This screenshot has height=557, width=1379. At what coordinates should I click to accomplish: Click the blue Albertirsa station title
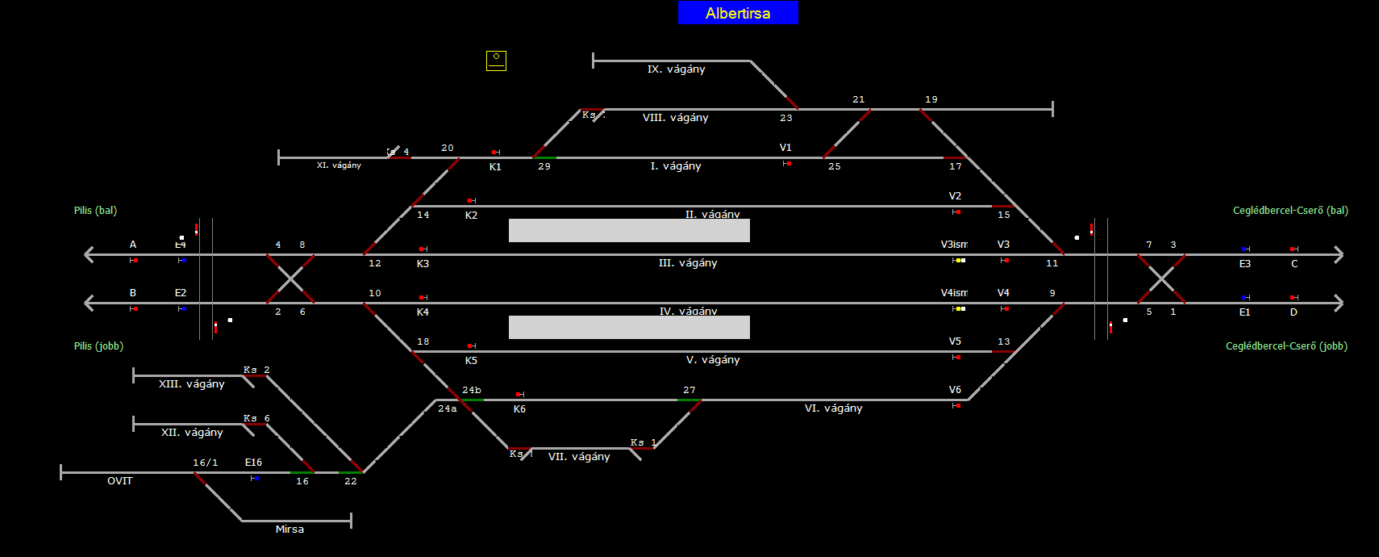(738, 13)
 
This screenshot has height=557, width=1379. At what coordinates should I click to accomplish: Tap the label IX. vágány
(676, 69)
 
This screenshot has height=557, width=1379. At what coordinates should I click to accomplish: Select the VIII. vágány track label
(675, 118)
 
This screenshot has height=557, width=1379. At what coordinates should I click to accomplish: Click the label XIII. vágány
(191, 384)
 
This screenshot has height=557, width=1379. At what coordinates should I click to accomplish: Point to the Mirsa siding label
(290, 530)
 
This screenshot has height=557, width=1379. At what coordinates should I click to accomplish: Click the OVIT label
(119, 481)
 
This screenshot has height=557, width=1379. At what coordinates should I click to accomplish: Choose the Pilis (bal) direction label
(95, 211)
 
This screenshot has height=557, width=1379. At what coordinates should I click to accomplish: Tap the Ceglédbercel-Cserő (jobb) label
(1286, 346)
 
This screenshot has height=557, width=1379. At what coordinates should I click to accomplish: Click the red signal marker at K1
(494, 152)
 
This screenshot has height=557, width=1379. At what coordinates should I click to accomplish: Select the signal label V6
(955, 390)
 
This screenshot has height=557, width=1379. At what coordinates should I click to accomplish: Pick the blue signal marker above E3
(1244, 249)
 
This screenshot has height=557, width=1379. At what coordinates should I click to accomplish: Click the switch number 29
(544, 166)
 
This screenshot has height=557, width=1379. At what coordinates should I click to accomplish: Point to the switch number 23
(786, 118)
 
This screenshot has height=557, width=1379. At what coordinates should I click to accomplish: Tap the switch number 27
(689, 390)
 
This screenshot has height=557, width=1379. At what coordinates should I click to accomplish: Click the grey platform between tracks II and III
(629, 230)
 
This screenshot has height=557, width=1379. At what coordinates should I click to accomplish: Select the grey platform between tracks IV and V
(629, 327)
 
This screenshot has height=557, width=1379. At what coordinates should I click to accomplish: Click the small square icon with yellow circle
(496, 61)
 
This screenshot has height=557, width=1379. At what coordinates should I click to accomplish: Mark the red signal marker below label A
(135, 261)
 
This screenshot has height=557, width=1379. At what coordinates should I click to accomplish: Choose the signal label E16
(253, 463)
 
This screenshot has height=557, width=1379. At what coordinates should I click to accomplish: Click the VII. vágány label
(579, 457)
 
